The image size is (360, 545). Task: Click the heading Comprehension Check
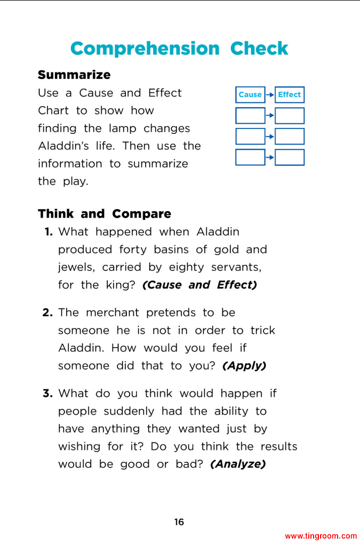pos(179,49)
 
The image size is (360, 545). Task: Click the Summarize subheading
pos(74,75)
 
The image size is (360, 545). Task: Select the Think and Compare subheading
pos(105,214)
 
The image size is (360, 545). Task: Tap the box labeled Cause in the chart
pos(250,94)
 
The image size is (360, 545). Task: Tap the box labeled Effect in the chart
pos(290,94)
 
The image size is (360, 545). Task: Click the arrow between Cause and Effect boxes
pos(270,94)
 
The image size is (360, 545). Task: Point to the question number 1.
pos(49,232)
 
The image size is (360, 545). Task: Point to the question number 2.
pos(47,312)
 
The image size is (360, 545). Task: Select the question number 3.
pos(47,394)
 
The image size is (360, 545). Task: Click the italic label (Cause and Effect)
pos(199,285)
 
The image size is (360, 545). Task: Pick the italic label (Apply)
pos(244,365)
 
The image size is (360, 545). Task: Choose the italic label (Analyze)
pos(238,464)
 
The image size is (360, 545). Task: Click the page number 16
pos(179,522)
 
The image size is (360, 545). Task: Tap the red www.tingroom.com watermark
pos(321,536)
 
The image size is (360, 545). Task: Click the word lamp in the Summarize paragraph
pos(122,129)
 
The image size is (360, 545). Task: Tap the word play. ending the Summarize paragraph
pos(76,181)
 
